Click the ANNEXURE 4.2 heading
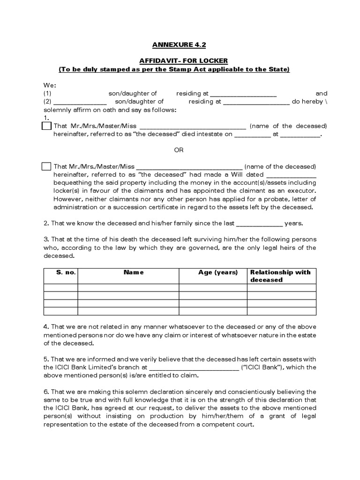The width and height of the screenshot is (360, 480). coord(179,45)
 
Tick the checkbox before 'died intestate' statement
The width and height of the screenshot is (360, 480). coord(46,126)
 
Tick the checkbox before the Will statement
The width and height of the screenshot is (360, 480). coord(46,166)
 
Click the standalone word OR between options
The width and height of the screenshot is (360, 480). coord(179,150)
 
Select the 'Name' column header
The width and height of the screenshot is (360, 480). coord(134,272)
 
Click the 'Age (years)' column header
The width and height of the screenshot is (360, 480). coord(218,272)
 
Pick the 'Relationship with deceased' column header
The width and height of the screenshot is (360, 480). coord(280,276)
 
